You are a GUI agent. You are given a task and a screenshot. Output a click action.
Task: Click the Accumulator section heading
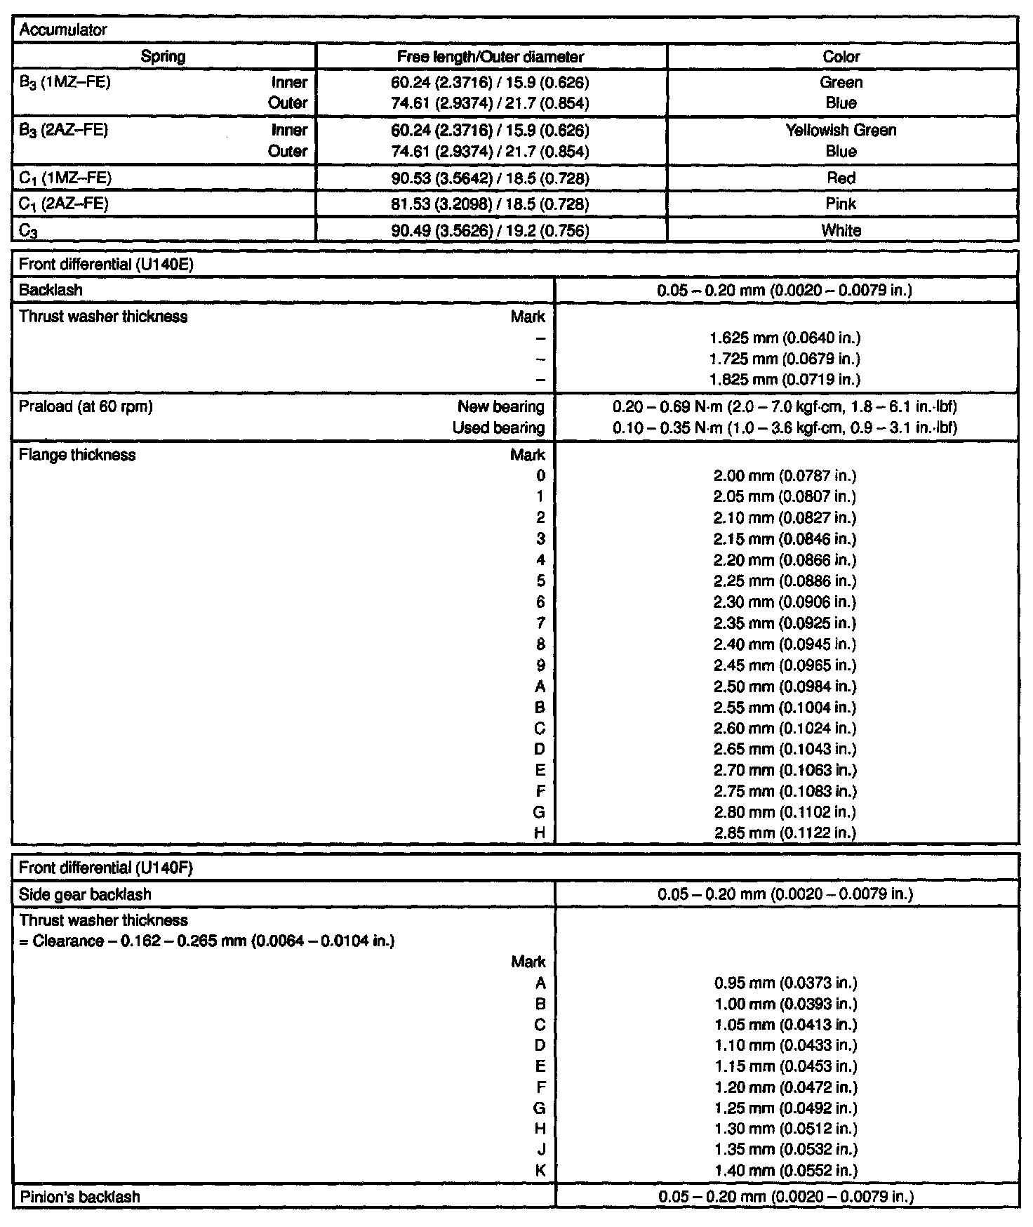(53, 30)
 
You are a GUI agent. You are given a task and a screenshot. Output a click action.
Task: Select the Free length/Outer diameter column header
(491, 57)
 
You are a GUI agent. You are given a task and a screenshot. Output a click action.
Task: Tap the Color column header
(841, 57)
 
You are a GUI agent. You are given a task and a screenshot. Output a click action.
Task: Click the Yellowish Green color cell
(841, 131)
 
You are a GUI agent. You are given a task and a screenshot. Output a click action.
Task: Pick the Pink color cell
(841, 204)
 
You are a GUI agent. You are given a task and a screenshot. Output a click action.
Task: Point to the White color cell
(841, 230)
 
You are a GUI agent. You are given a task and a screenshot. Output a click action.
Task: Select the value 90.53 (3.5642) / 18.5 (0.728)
(490, 178)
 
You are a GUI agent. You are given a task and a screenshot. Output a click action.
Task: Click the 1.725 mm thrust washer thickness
(785, 359)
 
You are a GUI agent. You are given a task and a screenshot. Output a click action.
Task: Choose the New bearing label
(500, 406)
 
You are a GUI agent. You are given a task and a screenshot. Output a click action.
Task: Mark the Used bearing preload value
(785, 427)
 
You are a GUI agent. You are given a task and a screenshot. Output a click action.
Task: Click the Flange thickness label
(77, 455)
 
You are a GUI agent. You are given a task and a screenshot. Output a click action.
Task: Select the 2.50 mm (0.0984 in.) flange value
(785, 687)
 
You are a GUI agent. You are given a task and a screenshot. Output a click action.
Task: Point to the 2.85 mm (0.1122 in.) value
(785, 833)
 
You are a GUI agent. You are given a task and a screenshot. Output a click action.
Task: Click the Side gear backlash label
(85, 894)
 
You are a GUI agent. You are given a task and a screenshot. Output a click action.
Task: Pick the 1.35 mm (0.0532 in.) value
(785, 1150)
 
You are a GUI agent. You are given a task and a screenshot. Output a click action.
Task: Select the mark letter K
(540, 1171)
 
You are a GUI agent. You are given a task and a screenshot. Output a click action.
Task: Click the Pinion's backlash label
(79, 1197)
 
